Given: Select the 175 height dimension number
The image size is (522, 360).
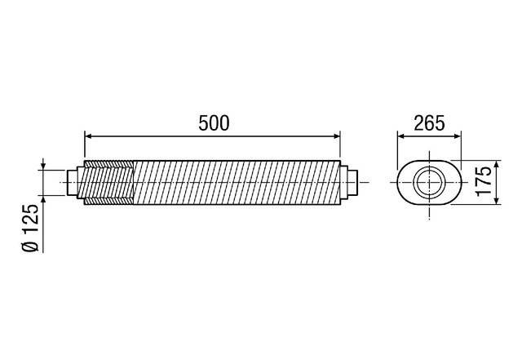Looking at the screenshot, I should tap(484, 180).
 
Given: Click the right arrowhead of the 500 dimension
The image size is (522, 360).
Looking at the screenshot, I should tap(338, 136).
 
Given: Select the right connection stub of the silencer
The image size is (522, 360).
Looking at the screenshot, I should tap(349, 181).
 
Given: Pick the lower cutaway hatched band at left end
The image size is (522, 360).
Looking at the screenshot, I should tap(108, 197).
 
